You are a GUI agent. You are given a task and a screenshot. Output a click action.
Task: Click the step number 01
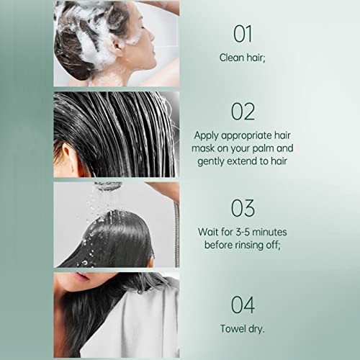[243, 34]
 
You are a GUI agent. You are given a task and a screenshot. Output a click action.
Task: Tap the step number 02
[243, 112]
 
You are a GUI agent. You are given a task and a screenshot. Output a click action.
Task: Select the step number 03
[243, 208]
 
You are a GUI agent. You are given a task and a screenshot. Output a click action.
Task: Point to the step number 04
[243, 305]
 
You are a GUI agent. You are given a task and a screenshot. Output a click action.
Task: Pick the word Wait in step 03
[210, 232]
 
